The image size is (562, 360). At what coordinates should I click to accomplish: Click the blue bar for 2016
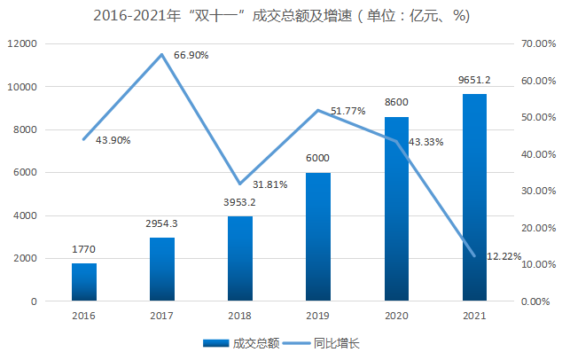84,282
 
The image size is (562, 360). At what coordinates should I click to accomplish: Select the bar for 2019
318,237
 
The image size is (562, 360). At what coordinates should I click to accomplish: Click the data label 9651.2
474,81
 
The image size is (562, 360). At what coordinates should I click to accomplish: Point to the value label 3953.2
240,203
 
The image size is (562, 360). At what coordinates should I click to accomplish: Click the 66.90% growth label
191,55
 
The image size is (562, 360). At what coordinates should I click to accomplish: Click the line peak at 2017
162,55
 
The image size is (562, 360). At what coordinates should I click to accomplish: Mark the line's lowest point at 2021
474,256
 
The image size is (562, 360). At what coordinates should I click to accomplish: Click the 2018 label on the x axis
240,315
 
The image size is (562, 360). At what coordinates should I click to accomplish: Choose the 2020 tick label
396,315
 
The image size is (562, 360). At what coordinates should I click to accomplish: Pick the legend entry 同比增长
338,343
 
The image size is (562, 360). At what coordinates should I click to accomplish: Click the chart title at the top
281,16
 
